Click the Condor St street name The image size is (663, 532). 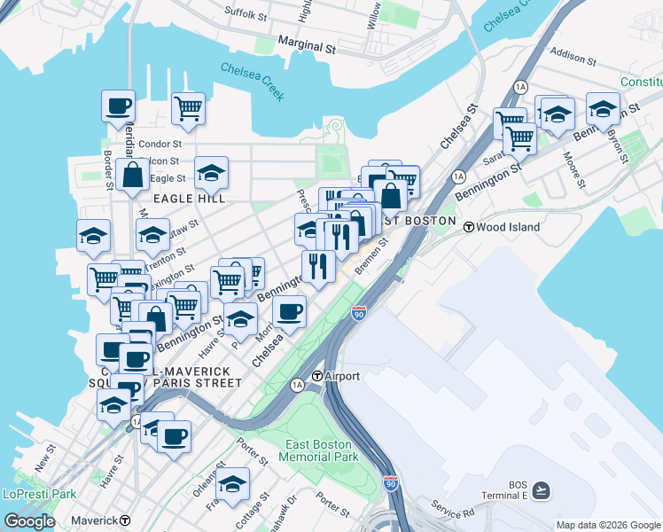[160, 144]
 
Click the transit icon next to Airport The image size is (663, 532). [316, 376]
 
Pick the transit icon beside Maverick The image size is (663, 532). [125, 520]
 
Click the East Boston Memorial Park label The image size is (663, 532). [318, 450]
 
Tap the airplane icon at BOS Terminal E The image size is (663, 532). [541, 489]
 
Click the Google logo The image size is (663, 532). [29, 520]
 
